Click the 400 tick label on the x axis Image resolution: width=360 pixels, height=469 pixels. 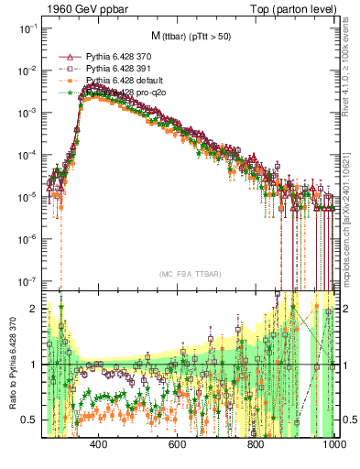pos(99,442)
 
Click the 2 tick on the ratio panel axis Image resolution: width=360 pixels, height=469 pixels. pos(29,309)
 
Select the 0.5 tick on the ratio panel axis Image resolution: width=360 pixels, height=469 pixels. pos(25,420)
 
